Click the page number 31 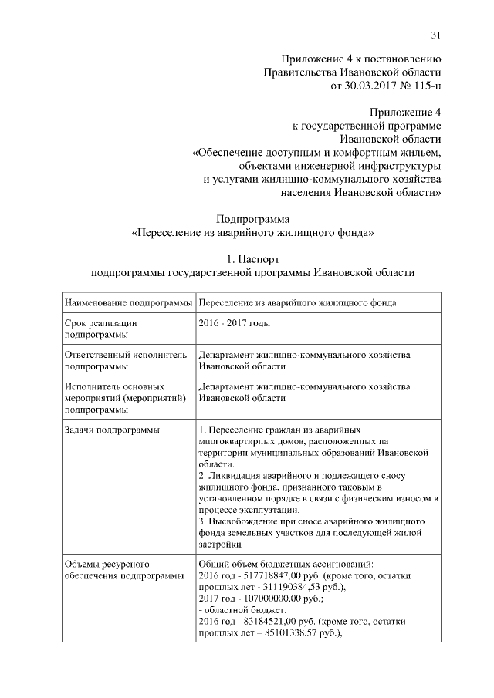tap(435, 34)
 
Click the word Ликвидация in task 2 tap(235, 476)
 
